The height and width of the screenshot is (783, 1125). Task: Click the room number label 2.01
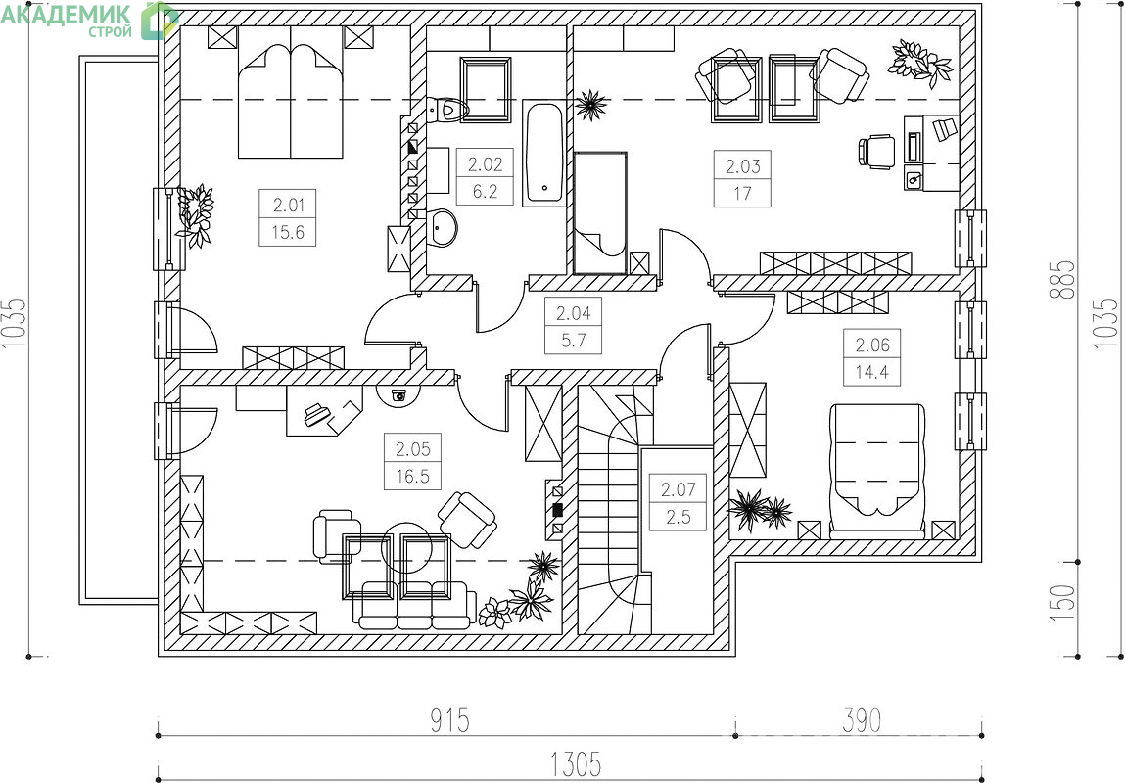289,206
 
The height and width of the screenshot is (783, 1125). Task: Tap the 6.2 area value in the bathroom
485,192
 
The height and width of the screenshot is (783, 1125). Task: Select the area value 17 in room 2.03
742,194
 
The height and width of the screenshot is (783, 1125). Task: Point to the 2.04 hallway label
573,313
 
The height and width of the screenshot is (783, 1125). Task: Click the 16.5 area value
412,476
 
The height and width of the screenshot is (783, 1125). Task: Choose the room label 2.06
872,345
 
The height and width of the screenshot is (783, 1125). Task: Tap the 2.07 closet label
678,489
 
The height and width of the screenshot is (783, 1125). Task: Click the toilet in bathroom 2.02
447,110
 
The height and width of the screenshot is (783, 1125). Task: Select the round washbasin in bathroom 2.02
442,228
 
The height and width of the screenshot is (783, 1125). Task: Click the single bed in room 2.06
877,470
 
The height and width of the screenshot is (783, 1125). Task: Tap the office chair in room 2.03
876,152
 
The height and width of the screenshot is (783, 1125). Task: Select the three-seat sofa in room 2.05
414,605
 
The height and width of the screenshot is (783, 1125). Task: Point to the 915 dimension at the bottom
449,720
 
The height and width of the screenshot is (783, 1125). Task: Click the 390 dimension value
861,720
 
